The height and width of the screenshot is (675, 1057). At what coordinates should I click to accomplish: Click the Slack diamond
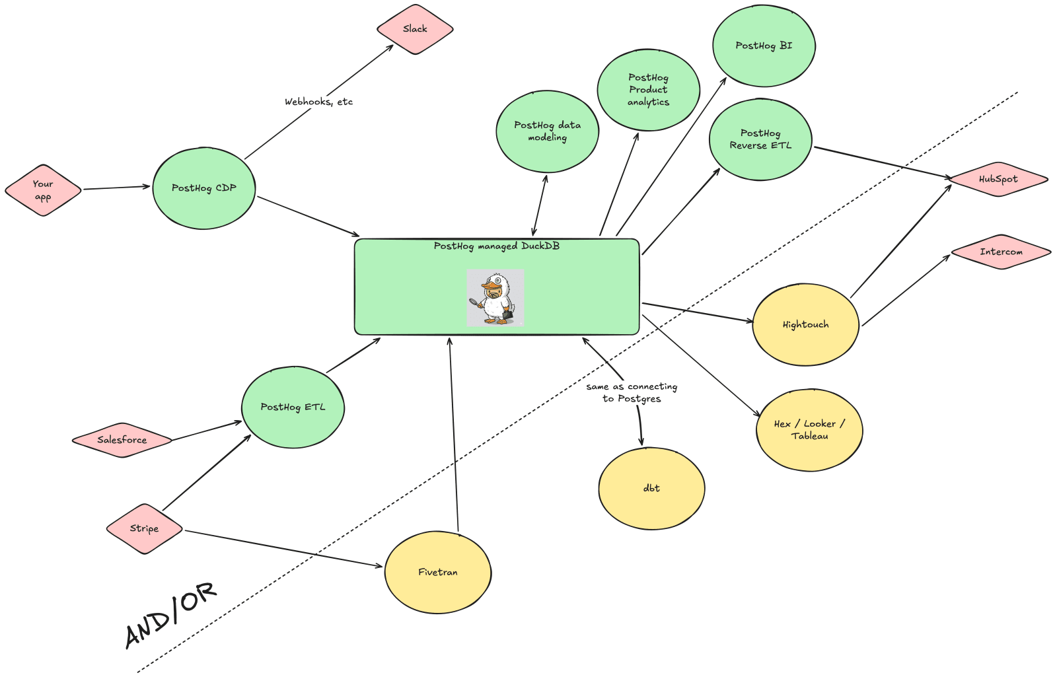tap(415, 29)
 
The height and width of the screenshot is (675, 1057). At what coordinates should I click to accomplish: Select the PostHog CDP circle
tap(203, 188)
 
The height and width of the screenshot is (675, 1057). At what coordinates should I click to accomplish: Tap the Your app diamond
tap(43, 190)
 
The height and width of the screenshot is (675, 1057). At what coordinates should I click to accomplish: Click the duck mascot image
tap(495, 298)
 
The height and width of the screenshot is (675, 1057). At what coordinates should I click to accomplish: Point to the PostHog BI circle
tap(764, 46)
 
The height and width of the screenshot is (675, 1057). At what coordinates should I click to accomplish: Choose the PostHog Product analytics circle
tap(648, 90)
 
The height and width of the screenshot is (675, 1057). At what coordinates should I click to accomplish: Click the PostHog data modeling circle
tap(547, 131)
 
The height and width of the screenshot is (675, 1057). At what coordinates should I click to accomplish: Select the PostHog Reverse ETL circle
tap(760, 139)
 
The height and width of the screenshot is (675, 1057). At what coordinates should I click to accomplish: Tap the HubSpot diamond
tap(998, 179)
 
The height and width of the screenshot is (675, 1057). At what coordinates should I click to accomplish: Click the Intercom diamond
tap(1001, 252)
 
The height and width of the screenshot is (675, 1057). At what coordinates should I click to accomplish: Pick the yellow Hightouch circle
tap(805, 324)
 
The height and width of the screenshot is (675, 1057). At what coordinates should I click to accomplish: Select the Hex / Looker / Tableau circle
tap(809, 430)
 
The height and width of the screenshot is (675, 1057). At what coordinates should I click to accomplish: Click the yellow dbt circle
tap(651, 488)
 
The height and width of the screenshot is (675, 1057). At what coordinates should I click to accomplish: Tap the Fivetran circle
tap(437, 572)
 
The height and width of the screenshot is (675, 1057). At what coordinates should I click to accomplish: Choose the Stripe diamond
tap(144, 528)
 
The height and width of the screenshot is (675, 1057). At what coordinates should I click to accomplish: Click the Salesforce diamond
tap(122, 440)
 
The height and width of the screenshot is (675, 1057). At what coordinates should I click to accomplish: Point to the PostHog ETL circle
tap(293, 407)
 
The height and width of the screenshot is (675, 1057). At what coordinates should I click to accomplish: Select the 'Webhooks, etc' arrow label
tap(318, 102)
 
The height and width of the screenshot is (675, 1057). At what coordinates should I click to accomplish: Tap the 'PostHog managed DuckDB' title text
tap(496, 246)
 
